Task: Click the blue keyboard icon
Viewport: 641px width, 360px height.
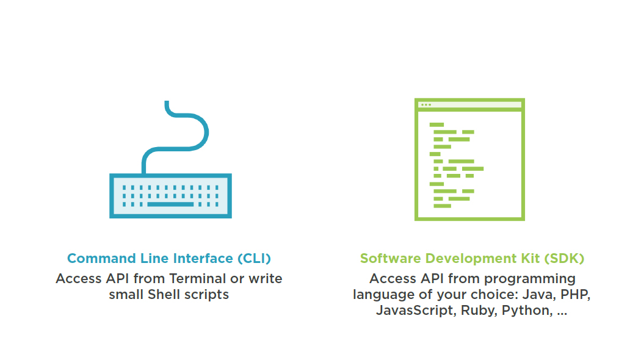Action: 170,195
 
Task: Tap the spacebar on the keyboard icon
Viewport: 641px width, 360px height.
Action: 170,204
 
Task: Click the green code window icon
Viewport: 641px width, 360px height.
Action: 469,159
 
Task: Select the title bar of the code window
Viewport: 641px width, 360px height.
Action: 469,105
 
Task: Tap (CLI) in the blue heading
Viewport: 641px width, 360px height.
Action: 253,258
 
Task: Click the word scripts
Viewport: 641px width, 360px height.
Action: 207,295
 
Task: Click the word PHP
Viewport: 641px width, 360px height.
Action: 577,295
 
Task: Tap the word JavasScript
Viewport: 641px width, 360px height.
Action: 415,311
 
